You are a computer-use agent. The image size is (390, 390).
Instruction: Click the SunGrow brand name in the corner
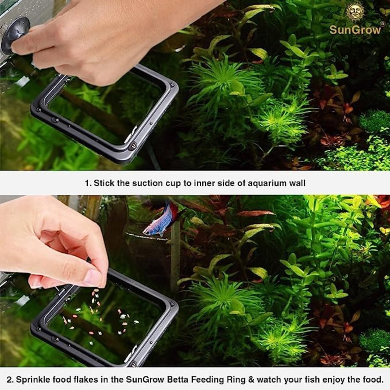click(355, 30)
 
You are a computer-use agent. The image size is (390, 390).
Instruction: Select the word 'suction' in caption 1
click(149, 183)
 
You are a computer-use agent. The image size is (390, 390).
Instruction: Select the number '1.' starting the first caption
click(88, 183)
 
